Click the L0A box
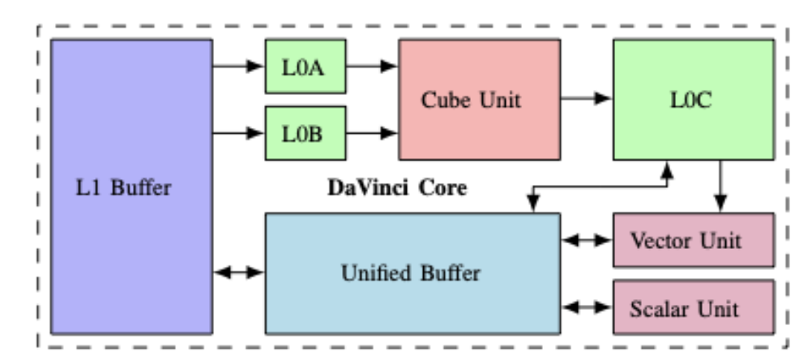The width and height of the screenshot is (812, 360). (x=306, y=66)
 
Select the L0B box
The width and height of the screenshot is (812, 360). (x=306, y=133)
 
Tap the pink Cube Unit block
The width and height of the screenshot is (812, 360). (x=479, y=100)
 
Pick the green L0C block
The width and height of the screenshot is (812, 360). (x=693, y=100)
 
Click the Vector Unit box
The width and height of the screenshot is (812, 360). (x=693, y=240)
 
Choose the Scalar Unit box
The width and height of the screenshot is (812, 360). (x=693, y=307)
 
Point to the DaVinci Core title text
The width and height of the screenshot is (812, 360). (x=396, y=188)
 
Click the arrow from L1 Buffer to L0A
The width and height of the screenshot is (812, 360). (x=239, y=66)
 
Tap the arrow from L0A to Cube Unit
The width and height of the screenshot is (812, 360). (x=372, y=66)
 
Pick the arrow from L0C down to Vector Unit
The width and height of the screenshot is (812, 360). (x=720, y=186)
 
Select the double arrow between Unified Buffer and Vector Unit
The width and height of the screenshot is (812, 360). (x=586, y=240)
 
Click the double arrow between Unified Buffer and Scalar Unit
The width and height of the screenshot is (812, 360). (x=586, y=307)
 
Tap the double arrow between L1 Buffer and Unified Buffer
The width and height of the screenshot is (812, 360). (x=239, y=273)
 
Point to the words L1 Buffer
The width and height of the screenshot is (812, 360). (x=131, y=188)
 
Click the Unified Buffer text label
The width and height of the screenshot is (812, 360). (x=412, y=273)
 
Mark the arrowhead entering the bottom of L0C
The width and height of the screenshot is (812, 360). (x=666, y=168)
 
